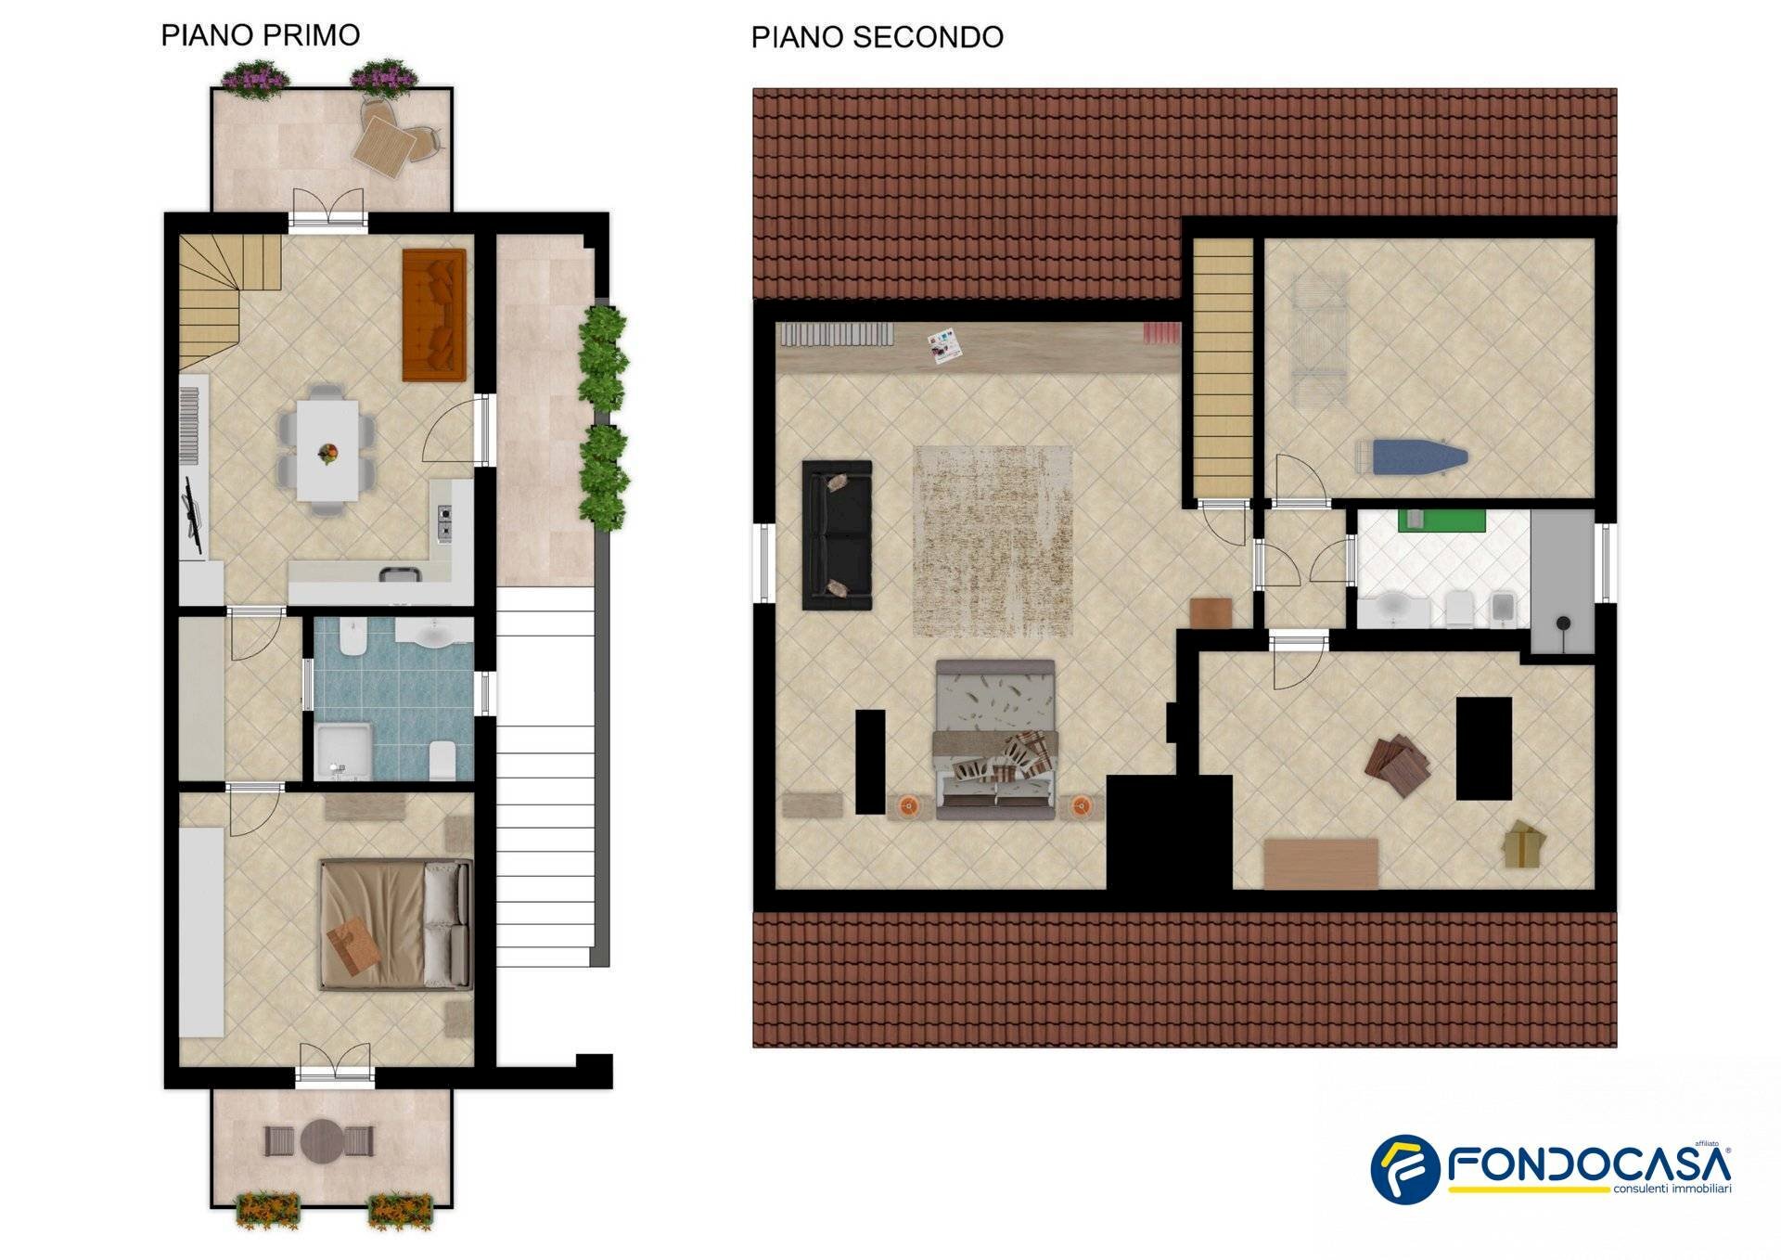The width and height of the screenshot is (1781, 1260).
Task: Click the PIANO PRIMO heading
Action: click(x=261, y=35)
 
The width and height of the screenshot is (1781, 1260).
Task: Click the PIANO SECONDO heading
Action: click(x=877, y=37)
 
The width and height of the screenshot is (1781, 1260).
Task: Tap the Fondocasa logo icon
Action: click(x=1404, y=1168)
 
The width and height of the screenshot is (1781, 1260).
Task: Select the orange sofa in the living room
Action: click(x=434, y=315)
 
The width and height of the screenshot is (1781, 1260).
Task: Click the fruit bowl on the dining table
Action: click(x=327, y=453)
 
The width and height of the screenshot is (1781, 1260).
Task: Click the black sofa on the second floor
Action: click(x=837, y=535)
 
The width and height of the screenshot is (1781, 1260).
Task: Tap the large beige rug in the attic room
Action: click(x=993, y=541)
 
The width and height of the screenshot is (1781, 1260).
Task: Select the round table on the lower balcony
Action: click(x=322, y=1140)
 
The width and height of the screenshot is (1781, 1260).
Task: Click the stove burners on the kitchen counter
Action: click(x=444, y=523)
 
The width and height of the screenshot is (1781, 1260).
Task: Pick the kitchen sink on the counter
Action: click(x=400, y=573)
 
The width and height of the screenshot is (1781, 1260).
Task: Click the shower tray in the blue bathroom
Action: click(x=344, y=751)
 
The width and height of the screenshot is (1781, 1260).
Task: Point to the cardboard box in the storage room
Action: click(x=1524, y=844)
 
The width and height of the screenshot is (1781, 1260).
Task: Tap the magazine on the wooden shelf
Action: click(x=944, y=347)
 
